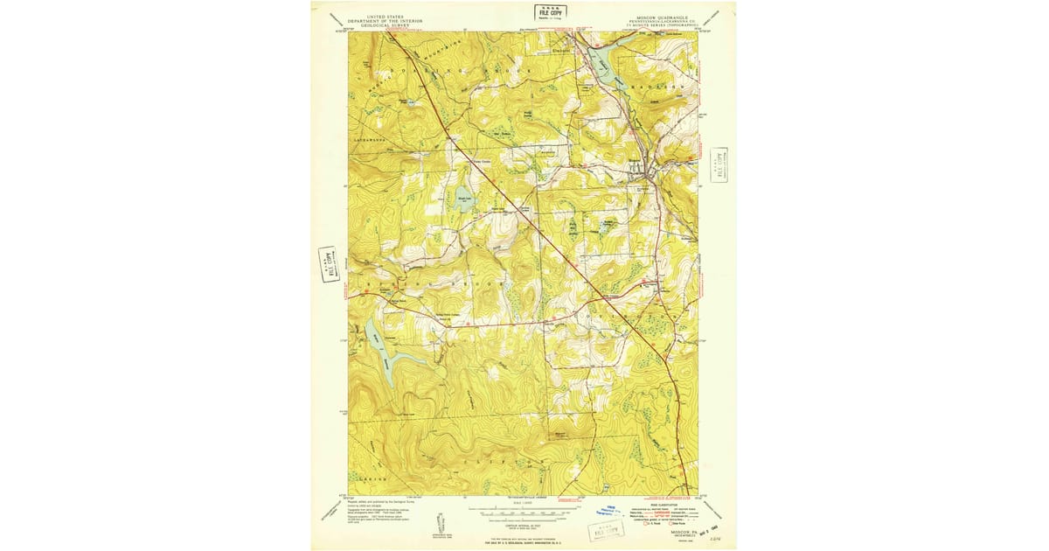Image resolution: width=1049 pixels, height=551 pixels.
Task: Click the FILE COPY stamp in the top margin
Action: pyautogui.click(x=551, y=12)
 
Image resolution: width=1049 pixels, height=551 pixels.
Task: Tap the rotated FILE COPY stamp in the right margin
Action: pyautogui.click(x=720, y=164)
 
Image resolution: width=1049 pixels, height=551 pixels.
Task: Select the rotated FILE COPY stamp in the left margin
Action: pyautogui.click(x=329, y=263)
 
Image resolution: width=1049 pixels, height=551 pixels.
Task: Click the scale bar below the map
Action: pyautogui.click(x=523, y=513)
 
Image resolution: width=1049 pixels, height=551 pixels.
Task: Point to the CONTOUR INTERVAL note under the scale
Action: pyautogui.click(x=523, y=523)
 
